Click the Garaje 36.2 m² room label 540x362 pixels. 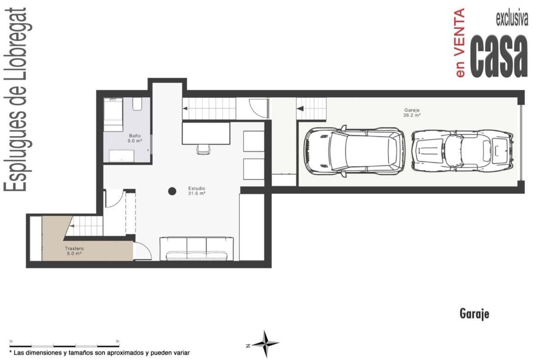[x=412, y=113]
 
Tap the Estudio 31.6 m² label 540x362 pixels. [x=197, y=191]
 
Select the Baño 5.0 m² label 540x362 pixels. [x=135, y=138]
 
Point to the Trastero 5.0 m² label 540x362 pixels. [x=74, y=251]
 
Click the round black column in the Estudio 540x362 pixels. [x=172, y=191]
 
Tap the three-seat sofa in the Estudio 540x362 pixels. [x=197, y=249]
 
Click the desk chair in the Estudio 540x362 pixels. [x=204, y=149]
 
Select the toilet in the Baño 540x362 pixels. [x=138, y=104]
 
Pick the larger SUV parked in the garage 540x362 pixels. [x=354, y=151]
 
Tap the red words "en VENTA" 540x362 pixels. [x=460, y=43]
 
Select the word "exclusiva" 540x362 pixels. [x=512, y=18]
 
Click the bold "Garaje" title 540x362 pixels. [x=474, y=314]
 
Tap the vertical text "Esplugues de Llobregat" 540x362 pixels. [x=16, y=100]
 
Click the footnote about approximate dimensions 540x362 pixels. [x=100, y=353]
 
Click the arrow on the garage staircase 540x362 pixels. [x=300, y=109]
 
